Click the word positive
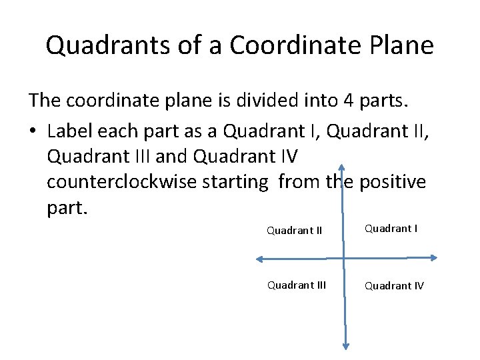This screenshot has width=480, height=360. pyautogui.click(x=393, y=182)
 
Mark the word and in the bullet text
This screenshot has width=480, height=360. pyautogui.click(x=171, y=156)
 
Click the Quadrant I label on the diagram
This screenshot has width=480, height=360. pyautogui.click(x=391, y=229)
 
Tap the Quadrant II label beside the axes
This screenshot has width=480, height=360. pyautogui.click(x=295, y=231)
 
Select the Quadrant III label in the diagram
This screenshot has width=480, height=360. pyautogui.click(x=297, y=285)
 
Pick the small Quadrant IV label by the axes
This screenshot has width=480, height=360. pyautogui.click(x=393, y=286)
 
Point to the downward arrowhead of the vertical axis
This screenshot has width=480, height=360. pyautogui.click(x=346, y=345)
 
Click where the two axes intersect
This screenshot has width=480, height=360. pyautogui.click(x=344, y=259)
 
